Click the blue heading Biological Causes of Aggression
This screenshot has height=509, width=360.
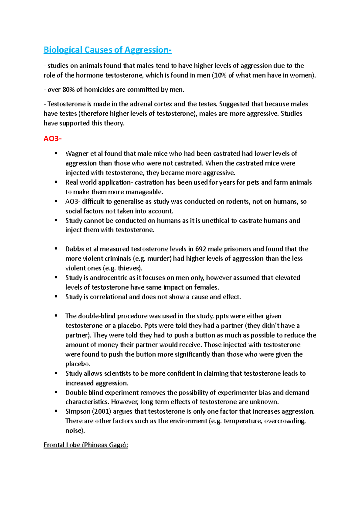tap(107, 50)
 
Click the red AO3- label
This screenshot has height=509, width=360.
tap(52, 139)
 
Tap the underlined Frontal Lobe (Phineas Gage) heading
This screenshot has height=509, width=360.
tap(86, 445)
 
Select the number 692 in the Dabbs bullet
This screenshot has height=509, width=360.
tap(200, 249)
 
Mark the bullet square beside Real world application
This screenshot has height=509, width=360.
tap(56, 182)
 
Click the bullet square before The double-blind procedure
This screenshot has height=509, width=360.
tap(56, 316)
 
